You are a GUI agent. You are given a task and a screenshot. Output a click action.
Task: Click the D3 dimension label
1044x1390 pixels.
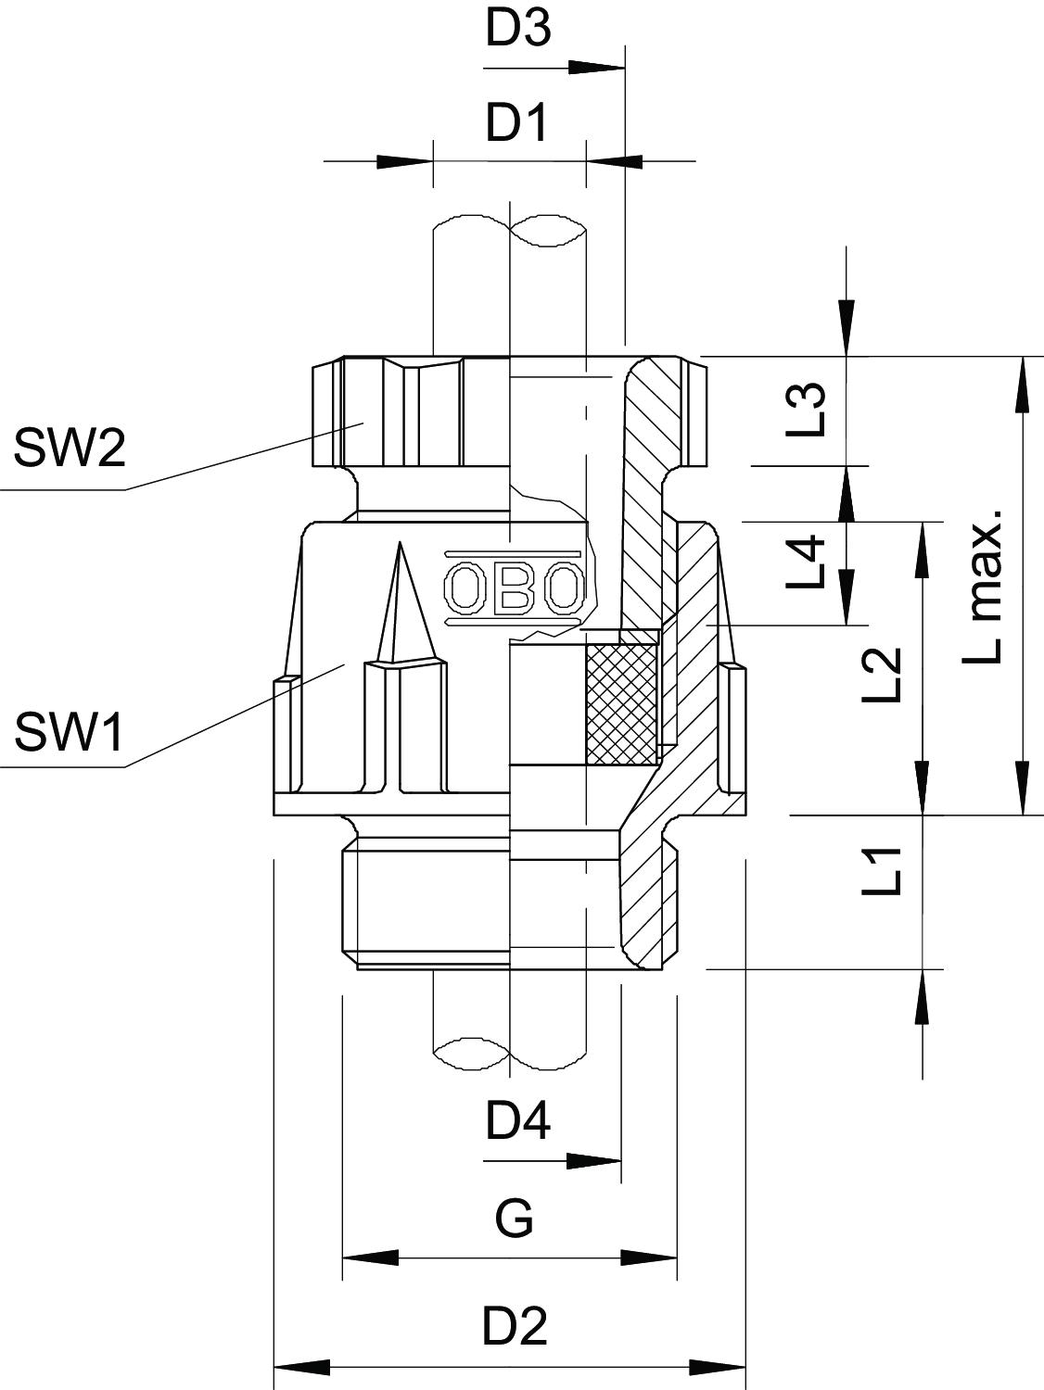[x=518, y=29]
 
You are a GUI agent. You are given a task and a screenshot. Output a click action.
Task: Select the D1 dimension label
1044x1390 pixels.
[x=517, y=122]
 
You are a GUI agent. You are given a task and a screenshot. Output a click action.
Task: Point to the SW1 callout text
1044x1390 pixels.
[x=70, y=734]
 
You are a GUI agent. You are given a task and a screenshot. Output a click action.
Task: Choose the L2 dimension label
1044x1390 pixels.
[x=881, y=674]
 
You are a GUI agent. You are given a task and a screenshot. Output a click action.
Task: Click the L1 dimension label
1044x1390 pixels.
[x=881, y=871]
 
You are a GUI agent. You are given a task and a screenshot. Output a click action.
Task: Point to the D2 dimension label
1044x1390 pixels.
[x=516, y=1327]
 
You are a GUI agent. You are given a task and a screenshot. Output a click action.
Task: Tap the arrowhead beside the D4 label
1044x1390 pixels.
[x=593, y=1160]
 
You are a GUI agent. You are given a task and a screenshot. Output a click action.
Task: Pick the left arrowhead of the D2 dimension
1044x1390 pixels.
[x=302, y=1367]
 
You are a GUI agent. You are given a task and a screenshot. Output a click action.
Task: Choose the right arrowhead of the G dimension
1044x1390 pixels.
[x=650, y=1257]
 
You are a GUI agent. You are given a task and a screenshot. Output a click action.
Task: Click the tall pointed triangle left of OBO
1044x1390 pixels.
[x=401, y=602]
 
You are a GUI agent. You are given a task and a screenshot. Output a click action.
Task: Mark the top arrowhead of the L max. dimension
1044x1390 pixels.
[x=1023, y=384]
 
